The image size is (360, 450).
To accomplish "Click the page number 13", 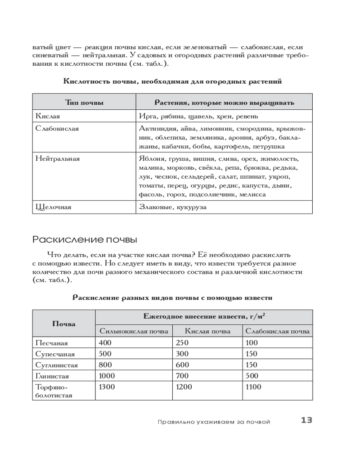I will (306, 420).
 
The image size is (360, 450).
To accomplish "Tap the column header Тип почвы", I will (84, 103).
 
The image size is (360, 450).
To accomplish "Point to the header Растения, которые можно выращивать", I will (224, 103).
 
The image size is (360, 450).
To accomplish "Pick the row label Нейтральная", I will (58, 159).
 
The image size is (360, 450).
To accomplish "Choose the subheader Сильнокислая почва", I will (134, 331).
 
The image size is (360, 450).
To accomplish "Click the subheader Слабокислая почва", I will (277, 331).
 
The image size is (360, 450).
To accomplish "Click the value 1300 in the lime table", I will (107, 387).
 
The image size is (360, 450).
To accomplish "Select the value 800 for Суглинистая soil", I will (105, 365).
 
